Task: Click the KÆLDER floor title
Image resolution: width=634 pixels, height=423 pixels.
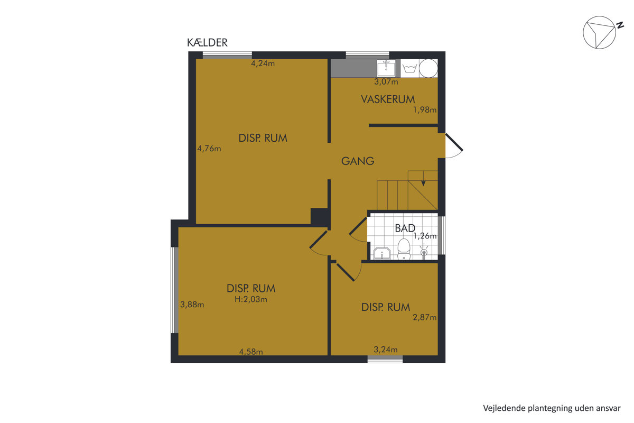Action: pos(207,42)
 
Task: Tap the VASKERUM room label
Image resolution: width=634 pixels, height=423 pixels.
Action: pos(388,99)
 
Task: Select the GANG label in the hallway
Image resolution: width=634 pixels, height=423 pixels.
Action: pos(358,161)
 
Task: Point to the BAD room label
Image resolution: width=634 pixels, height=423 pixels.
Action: pos(405,228)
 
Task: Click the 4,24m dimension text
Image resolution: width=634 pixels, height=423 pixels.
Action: pos(263,63)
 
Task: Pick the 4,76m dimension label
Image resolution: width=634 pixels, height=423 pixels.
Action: pos(209,149)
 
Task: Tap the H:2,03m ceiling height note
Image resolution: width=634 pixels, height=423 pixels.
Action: pos(251,299)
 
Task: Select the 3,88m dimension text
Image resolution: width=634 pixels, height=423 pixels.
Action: pos(192,305)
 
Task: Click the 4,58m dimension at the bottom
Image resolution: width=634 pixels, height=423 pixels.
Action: pos(251,352)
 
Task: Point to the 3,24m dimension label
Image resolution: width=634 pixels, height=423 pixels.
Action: pos(386,350)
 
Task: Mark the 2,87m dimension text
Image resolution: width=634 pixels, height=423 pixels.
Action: pos(425,317)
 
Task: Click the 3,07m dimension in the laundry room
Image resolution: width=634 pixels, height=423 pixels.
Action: pos(386,81)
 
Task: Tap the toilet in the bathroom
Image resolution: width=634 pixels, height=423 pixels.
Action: pos(404,249)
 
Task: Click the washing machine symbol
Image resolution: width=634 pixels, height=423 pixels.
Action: pos(409,68)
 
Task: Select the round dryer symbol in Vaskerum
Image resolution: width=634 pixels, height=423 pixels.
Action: pos(428,68)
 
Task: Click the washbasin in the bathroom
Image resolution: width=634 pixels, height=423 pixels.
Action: pos(382,253)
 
